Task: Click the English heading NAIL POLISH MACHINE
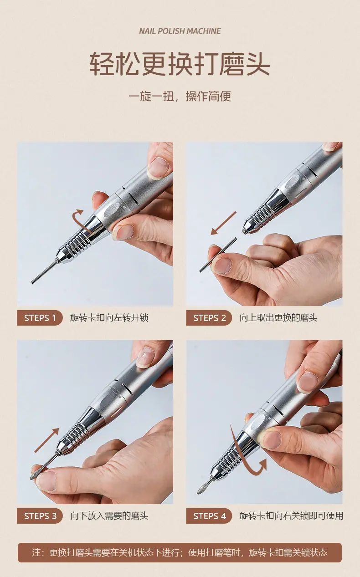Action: tap(180, 31)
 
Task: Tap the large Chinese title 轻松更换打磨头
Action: tap(180, 64)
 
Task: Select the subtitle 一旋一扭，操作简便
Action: tap(180, 97)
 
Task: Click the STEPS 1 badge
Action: tap(40, 318)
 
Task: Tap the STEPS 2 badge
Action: tap(209, 318)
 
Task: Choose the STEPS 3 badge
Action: tap(40, 516)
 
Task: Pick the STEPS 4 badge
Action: tap(209, 516)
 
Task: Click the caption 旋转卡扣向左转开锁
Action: tap(109, 318)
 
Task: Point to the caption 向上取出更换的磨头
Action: tap(278, 318)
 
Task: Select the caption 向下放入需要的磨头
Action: tap(109, 516)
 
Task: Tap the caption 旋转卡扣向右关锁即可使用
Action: tap(291, 516)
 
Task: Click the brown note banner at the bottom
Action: tap(180, 552)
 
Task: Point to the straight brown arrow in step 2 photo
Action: tap(223, 223)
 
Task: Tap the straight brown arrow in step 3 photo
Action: tap(47, 440)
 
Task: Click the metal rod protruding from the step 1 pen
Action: tap(44, 272)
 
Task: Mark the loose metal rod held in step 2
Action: tap(218, 255)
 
